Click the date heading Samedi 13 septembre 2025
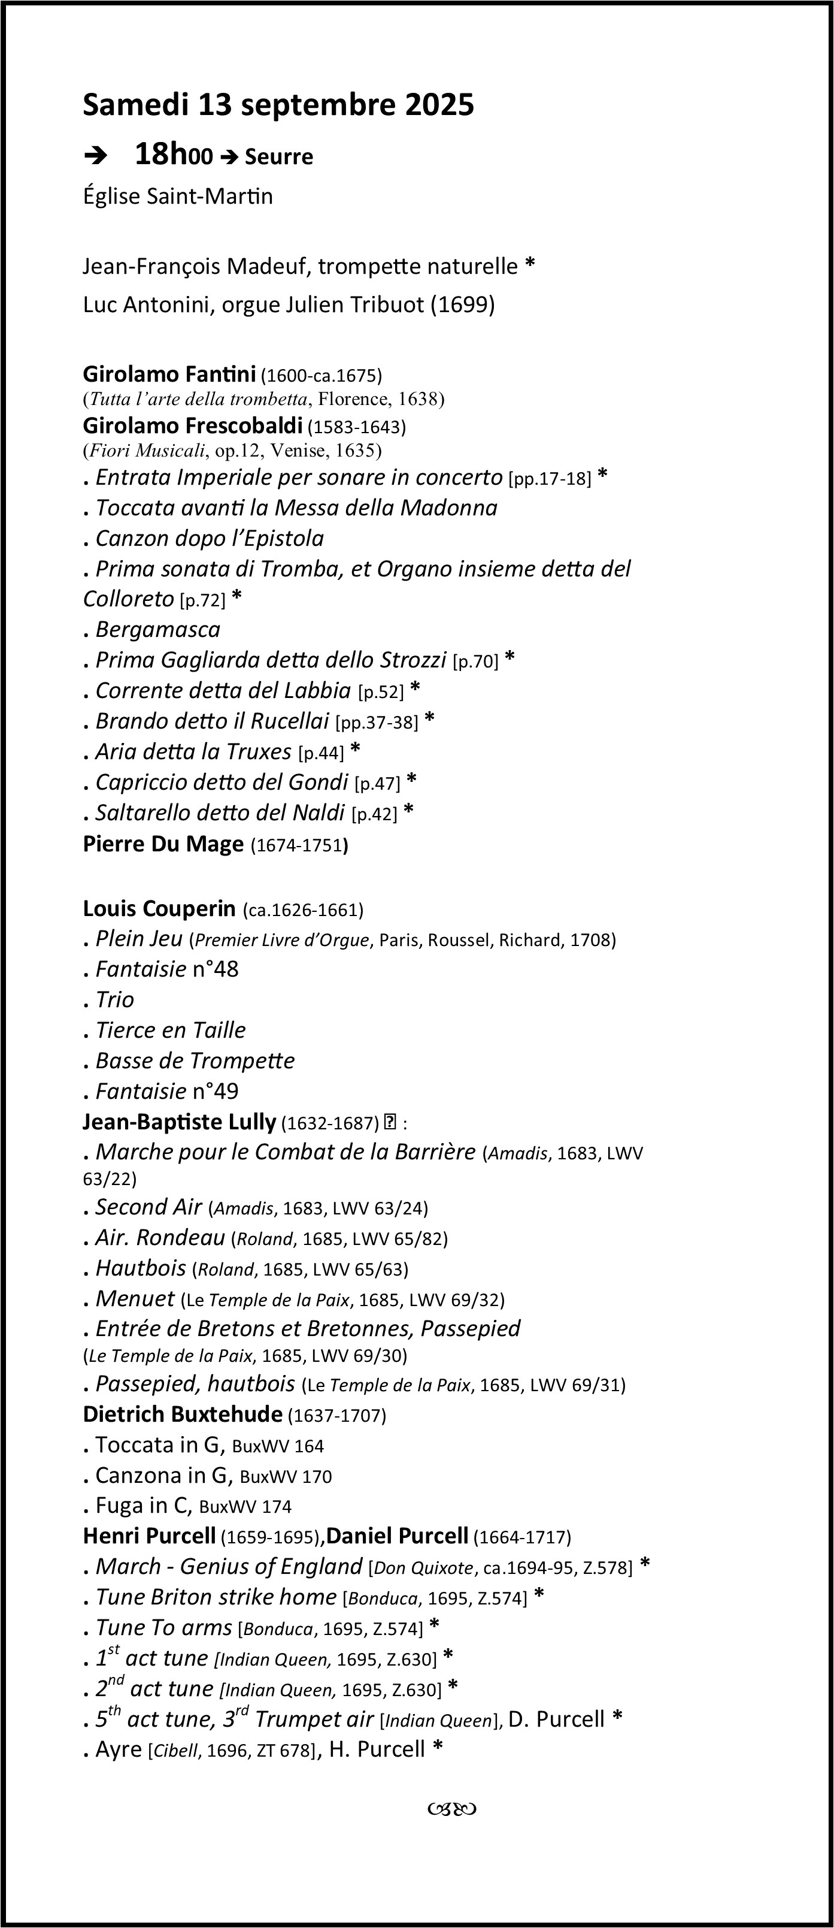(278, 105)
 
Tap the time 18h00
(174, 155)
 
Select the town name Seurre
(278, 157)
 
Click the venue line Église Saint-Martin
(178, 196)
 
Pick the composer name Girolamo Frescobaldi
(192, 426)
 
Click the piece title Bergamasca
(158, 630)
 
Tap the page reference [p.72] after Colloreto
(202, 600)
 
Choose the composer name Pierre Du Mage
(163, 844)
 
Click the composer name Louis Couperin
(159, 909)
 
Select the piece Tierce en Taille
(171, 1031)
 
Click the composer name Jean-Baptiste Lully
(180, 1122)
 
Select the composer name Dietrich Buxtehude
(183, 1414)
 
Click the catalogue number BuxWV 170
(286, 1477)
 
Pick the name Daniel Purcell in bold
(397, 1537)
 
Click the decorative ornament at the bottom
(453, 1809)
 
